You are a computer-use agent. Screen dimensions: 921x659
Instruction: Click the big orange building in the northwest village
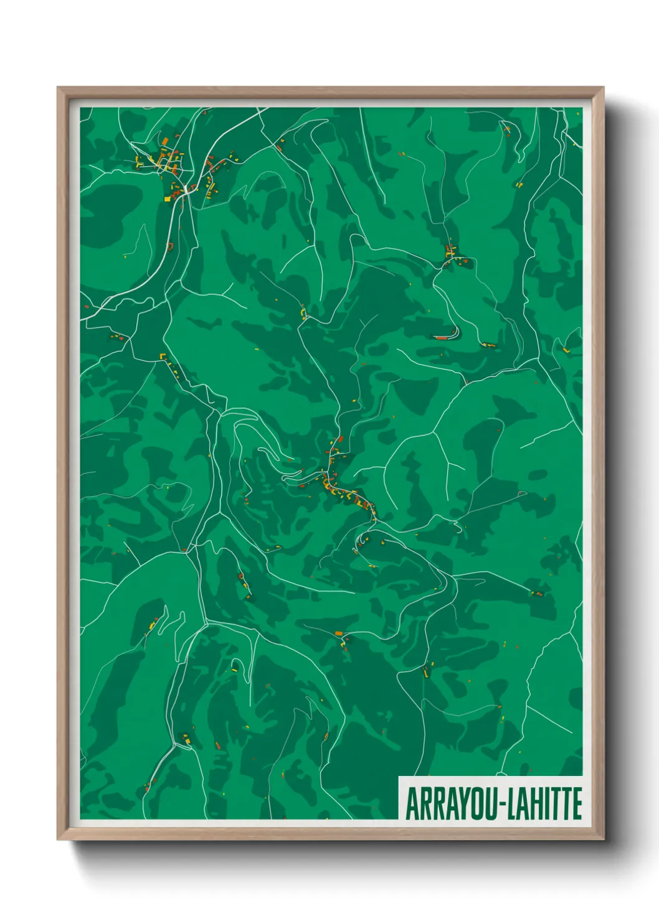164,141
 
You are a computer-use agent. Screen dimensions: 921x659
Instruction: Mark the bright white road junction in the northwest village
186,187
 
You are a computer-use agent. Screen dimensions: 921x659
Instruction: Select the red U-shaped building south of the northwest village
169,246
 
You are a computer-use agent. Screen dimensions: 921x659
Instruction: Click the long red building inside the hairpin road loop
442,337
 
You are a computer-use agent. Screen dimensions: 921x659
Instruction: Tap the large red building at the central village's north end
341,439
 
